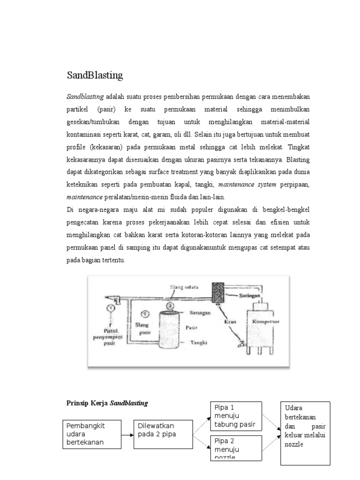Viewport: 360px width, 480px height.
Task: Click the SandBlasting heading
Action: coord(95,75)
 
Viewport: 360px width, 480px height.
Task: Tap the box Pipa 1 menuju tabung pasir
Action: coord(235,415)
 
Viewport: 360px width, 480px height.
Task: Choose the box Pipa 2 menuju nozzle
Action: coord(235,447)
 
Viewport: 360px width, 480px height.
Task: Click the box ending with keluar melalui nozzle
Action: coord(305,433)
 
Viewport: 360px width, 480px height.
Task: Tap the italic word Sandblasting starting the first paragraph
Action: coord(85,97)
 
